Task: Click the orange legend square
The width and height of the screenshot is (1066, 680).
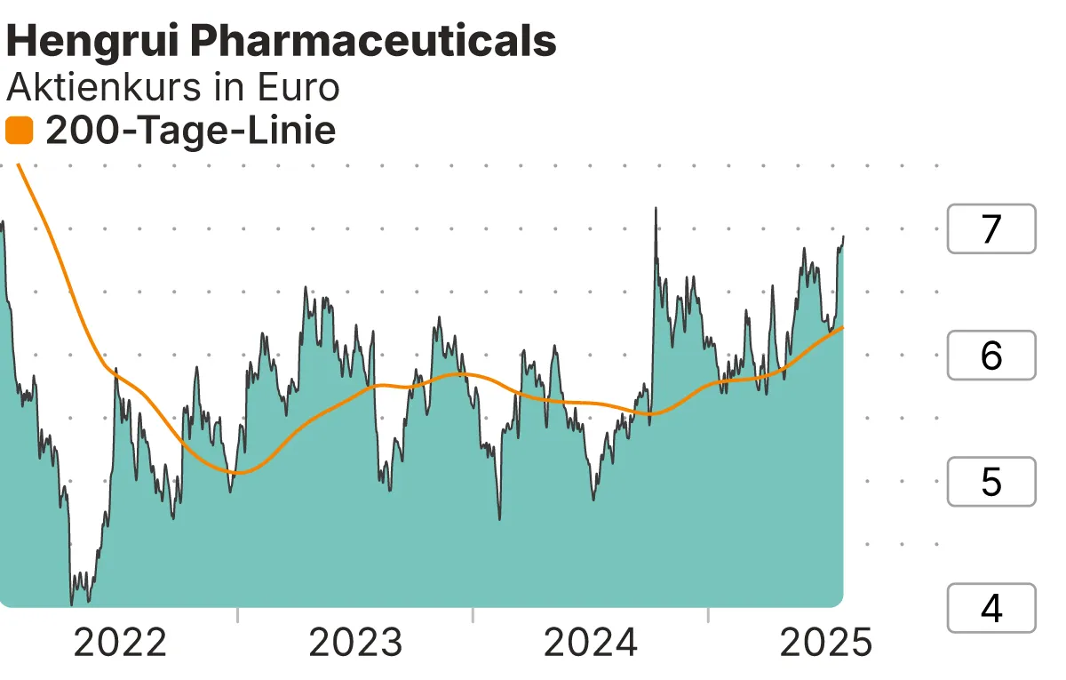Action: [19, 132]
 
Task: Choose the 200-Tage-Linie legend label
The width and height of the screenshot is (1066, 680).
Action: [190, 132]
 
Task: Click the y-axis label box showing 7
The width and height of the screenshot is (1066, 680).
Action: [991, 229]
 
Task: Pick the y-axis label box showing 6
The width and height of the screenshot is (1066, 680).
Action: [991, 356]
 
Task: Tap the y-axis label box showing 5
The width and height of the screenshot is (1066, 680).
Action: [991, 482]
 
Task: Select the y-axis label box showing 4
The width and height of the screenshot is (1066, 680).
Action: [991, 608]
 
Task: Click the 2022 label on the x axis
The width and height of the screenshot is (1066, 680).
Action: [120, 643]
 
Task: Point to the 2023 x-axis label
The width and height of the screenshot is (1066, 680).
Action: [355, 643]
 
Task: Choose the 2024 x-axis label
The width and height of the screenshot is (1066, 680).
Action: [591, 643]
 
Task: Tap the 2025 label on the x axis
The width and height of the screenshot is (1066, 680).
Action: [826, 643]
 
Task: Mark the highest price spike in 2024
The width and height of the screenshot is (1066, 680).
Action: [656, 209]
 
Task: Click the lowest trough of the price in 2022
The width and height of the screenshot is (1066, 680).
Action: [73, 603]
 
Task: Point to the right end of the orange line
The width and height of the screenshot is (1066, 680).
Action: [843, 327]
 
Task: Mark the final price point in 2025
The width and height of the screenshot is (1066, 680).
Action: [843, 237]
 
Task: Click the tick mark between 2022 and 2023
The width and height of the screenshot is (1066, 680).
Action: [238, 615]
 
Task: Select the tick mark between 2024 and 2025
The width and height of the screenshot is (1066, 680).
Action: [708, 615]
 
